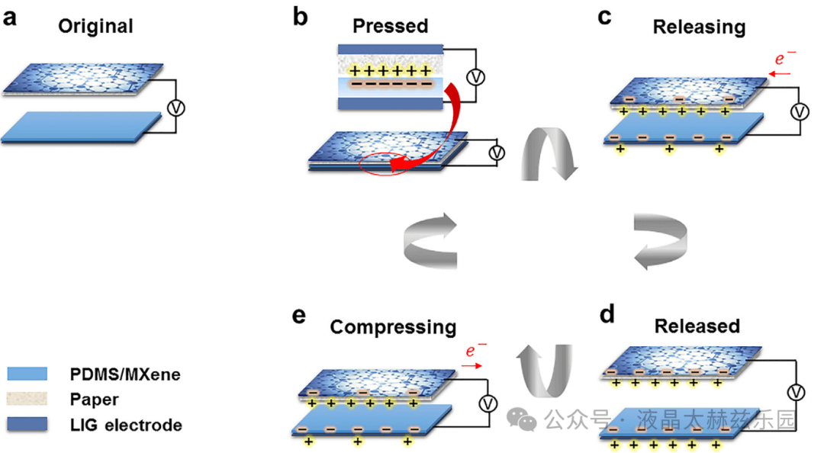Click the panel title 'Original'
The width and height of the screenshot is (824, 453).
(x=96, y=26)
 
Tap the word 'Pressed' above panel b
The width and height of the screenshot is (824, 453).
(x=390, y=26)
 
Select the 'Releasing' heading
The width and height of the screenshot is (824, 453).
(x=699, y=27)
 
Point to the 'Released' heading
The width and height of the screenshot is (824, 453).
(x=697, y=326)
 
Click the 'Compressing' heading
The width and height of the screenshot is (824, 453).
(x=393, y=327)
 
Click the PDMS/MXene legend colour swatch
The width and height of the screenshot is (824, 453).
(x=27, y=374)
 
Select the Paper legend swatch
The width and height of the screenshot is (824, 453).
(x=27, y=399)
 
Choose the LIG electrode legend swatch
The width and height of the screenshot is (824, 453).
(x=27, y=424)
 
